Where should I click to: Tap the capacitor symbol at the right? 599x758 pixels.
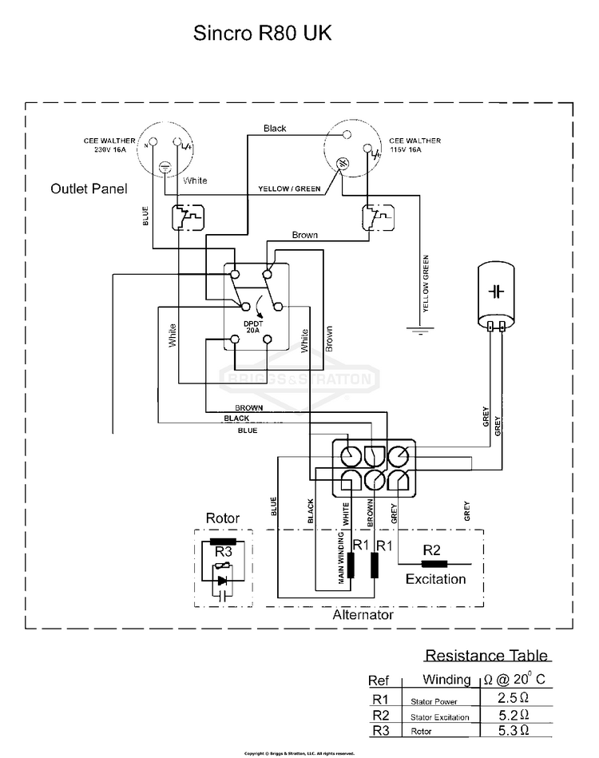pos(498,291)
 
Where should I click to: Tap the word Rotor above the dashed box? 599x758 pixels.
pos(222,518)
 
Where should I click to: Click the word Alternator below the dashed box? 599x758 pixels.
pos(363,616)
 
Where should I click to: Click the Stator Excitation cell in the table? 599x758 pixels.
pos(440,717)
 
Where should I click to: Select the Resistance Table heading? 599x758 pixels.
pos(486,656)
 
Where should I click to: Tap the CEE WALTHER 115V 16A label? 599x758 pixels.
pos(415,145)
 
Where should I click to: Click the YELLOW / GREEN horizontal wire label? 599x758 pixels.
pos(289,189)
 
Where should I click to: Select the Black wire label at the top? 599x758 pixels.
pos(275,129)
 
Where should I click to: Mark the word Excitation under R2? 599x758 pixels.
pos(435,578)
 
